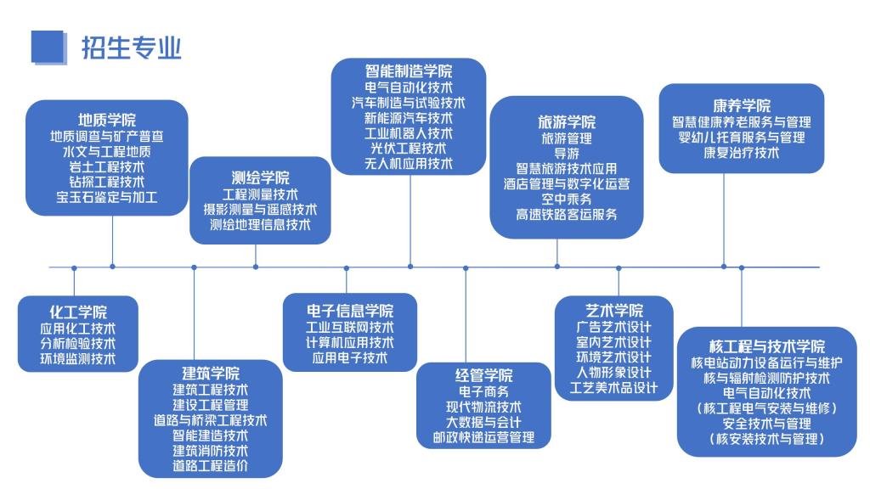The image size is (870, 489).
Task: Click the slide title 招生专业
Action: coord(131,48)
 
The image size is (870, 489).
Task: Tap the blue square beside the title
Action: coord(48,48)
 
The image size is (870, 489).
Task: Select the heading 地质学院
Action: coord(107,120)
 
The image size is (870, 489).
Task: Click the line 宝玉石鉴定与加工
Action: coord(107,197)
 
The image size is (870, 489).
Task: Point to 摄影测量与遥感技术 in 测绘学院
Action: coord(260,210)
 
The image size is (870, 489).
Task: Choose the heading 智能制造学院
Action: coord(409,71)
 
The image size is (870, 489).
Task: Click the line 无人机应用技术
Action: coord(409,163)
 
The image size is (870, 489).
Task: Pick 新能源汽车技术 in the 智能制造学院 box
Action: coord(409,117)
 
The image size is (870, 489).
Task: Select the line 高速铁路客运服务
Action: coord(567,215)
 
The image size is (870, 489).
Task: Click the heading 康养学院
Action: coord(742,106)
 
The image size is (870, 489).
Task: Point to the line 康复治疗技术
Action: coord(742,153)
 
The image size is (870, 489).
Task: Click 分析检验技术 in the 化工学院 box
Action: coord(78,344)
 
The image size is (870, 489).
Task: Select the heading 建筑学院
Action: coord(211,374)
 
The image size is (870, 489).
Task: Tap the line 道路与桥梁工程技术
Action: coord(211,420)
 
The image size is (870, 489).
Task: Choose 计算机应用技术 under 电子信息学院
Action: coord(350,343)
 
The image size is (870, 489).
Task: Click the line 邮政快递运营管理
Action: coord(483,437)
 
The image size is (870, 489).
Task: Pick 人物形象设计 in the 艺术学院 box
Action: coord(613,373)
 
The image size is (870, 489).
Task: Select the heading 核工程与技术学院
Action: coord(767,346)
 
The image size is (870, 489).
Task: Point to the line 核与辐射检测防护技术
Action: coord(767,378)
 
